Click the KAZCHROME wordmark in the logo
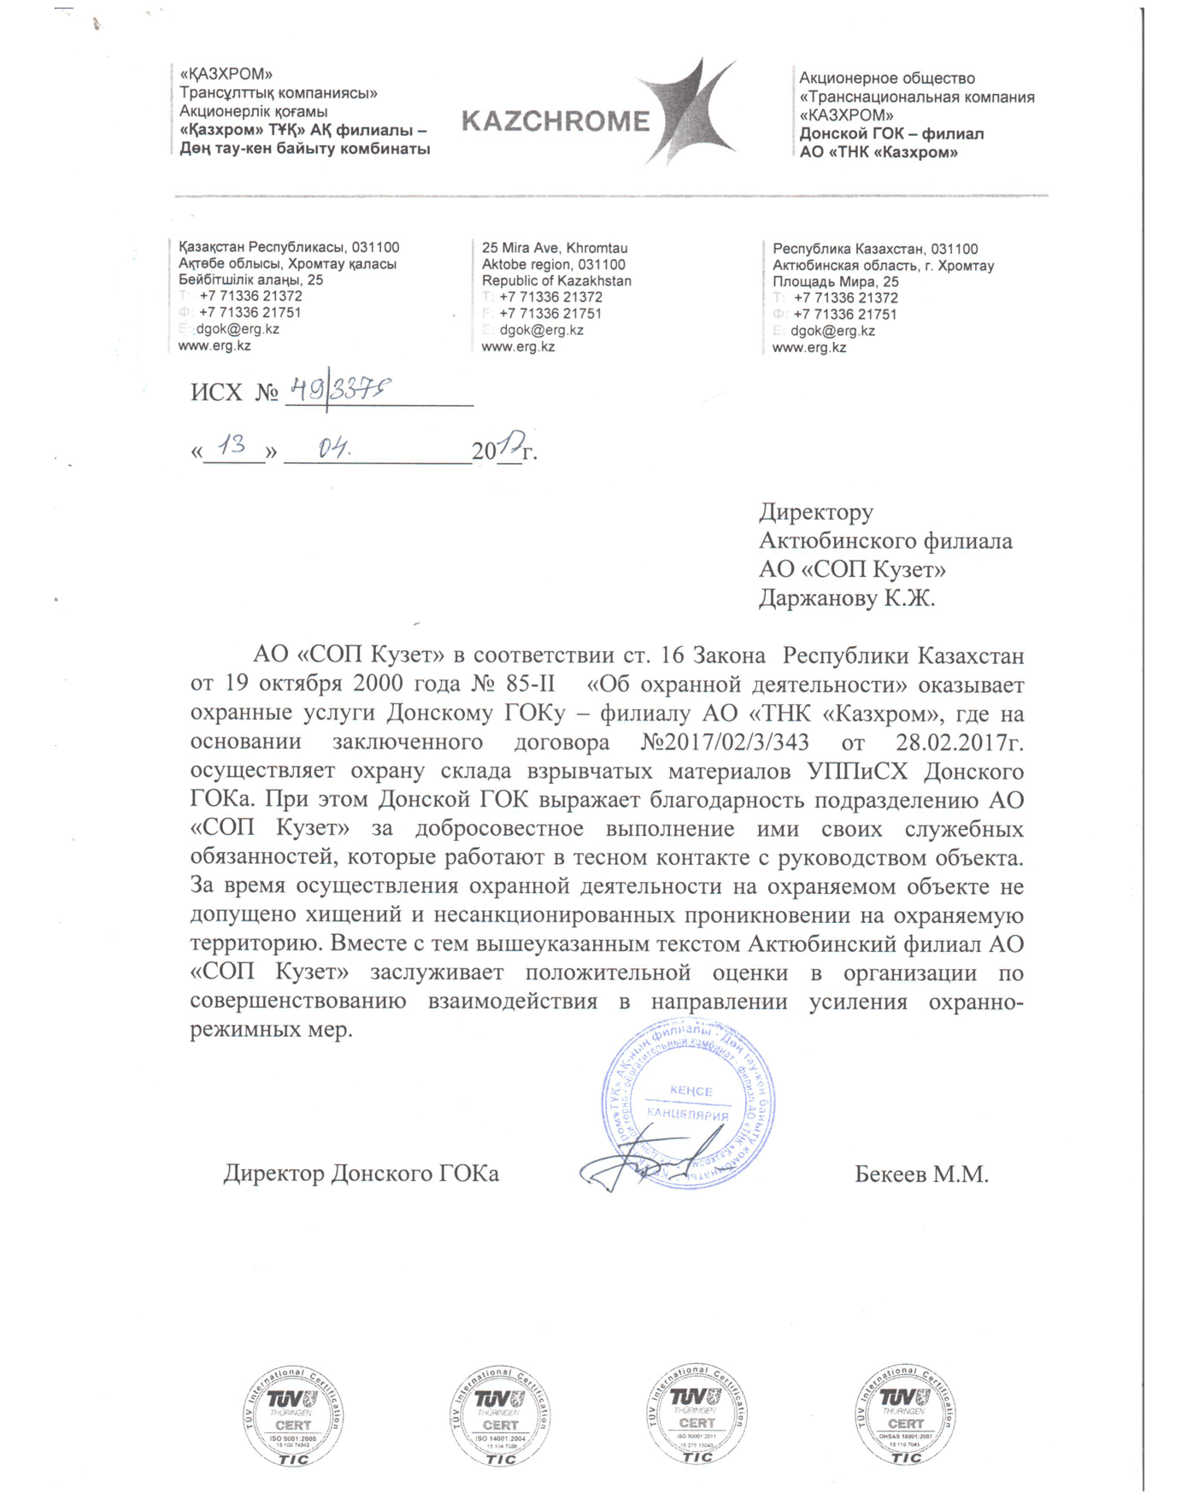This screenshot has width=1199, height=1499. (555, 121)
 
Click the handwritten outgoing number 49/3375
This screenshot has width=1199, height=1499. (339, 391)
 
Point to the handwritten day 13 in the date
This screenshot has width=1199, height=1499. (232, 444)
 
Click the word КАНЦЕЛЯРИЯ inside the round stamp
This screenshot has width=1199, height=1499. (688, 1114)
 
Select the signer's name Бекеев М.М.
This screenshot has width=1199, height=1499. (921, 1174)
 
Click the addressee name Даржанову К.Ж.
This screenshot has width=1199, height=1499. (847, 598)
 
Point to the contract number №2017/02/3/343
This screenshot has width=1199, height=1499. (725, 742)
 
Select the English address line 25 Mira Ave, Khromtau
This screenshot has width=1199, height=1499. (555, 248)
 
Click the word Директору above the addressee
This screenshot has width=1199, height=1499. (816, 512)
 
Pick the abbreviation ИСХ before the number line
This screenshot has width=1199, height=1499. (216, 393)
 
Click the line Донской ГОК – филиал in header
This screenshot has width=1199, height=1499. (891, 134)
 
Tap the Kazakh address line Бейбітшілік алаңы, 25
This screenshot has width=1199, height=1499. (250, 279)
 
